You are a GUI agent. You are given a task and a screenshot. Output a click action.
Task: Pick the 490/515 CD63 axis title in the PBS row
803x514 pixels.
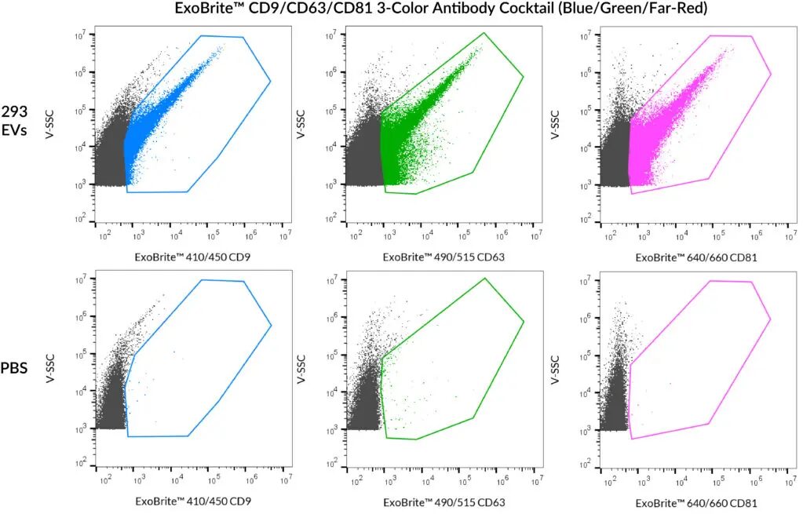tap(443, 502)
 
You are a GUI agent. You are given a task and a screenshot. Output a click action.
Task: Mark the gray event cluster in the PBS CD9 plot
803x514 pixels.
tap(110, 392)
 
